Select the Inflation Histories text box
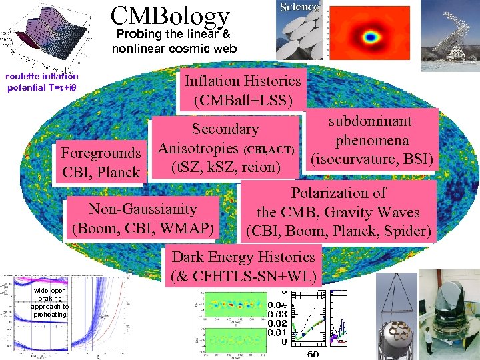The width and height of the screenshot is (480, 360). (243, 90)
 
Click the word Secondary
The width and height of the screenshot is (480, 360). (225, 129)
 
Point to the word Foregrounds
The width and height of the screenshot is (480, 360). (101, 153)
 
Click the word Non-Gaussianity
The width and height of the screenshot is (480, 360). (143, 209)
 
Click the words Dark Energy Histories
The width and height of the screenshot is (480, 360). (243, 257)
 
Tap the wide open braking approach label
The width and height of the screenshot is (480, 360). (49, 303)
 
